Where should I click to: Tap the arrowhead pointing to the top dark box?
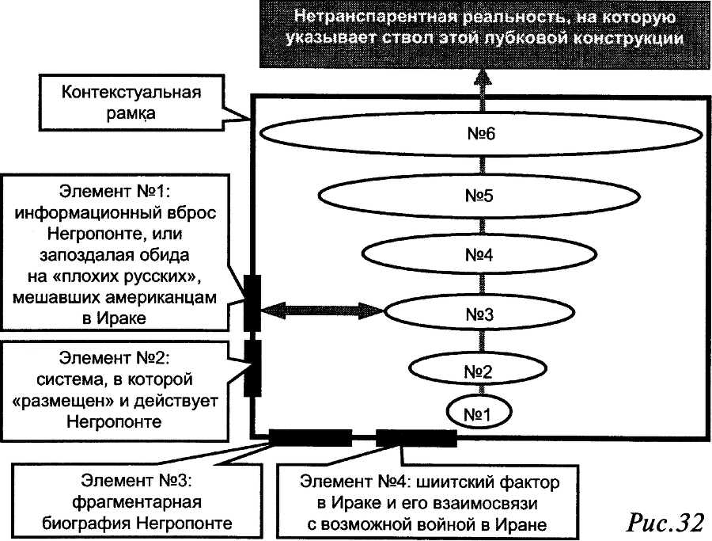coord(481,77)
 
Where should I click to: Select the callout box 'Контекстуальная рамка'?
coord(131,102)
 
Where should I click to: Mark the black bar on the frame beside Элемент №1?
coord(252,300)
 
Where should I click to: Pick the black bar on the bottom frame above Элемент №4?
coord(416,437)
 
